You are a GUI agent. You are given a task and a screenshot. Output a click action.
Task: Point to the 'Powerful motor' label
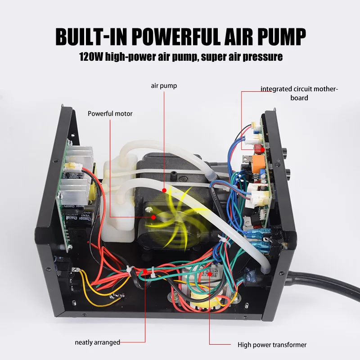tap(110, 114)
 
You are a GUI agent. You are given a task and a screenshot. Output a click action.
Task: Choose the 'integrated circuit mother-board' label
tap(299, 93)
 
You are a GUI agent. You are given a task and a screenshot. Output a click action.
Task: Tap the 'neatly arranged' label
tap(98, 342)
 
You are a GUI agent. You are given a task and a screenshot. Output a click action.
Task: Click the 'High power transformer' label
tap(272, 345)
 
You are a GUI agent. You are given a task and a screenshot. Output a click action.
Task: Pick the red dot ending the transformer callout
tap(209, 274)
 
